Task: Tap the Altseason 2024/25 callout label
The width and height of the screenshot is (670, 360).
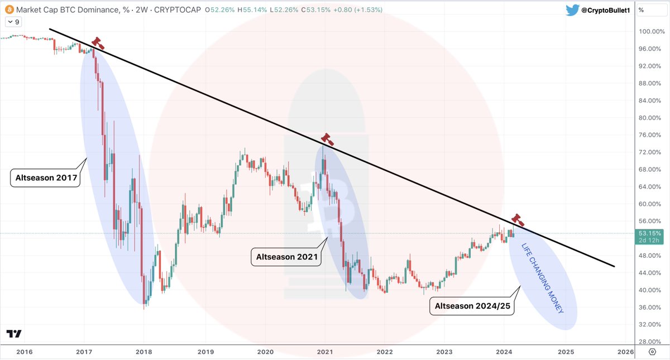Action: [x=472, y=306]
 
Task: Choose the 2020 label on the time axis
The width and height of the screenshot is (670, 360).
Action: [x=265, y=352]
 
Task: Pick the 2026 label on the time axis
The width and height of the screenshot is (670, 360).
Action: [x=626, y=352]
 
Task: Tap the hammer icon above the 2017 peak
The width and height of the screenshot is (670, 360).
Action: [x=98, y=43]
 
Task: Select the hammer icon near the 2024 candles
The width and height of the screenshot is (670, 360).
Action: [x=518, y=219]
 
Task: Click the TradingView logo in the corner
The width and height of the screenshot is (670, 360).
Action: [x=14, y=334]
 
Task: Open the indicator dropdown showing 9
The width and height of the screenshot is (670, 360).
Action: [x=14, y=22]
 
